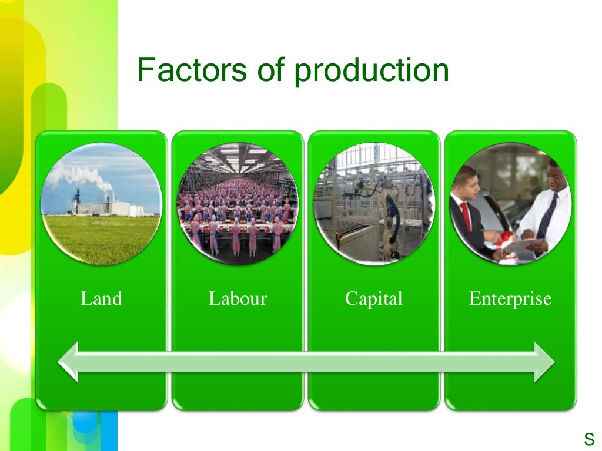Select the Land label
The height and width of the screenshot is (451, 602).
101,298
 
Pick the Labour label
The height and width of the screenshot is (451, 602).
238,298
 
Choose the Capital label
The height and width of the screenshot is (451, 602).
374,298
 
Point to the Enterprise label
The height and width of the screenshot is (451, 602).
510,298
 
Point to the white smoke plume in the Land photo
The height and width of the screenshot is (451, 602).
79,175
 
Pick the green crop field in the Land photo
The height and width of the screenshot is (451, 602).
101,238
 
